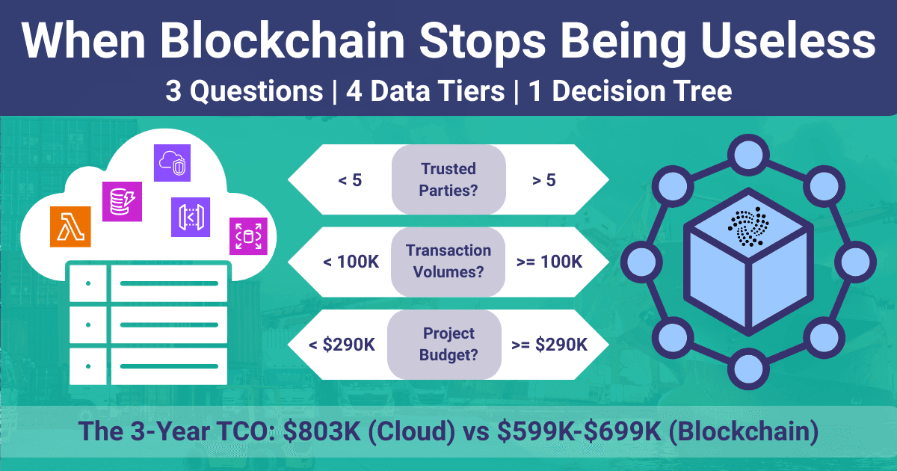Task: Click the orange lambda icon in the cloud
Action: [71, 226]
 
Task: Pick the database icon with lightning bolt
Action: [122, 200]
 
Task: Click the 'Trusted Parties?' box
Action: [449, 179]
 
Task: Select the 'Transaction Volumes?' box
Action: [449, 261]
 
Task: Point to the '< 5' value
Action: [349, 180]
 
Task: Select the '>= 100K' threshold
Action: [549, 262]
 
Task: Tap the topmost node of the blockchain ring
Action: [748, 156]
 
